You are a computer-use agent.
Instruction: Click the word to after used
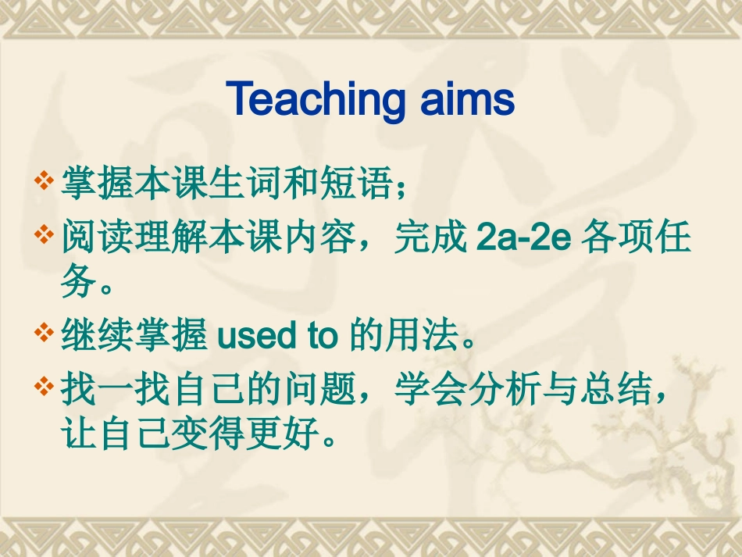(x=322, y=337)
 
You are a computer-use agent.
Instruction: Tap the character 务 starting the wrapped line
(x=80, y=284)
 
